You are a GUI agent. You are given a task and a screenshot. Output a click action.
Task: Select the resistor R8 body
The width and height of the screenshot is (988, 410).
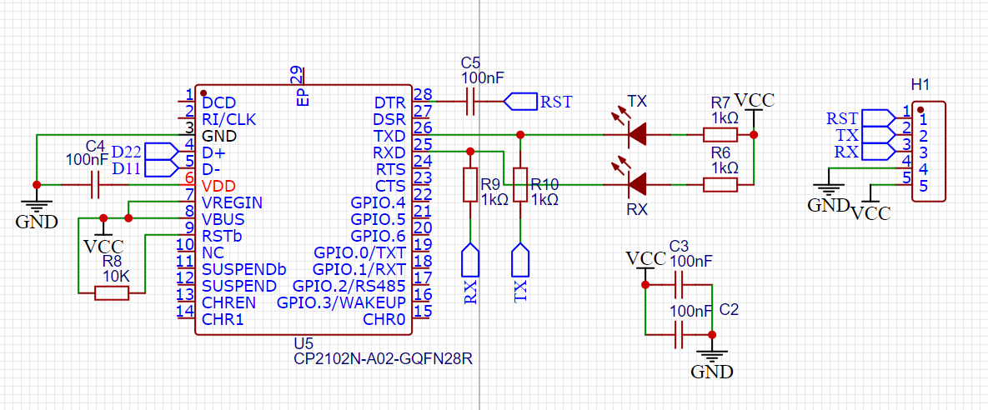112,292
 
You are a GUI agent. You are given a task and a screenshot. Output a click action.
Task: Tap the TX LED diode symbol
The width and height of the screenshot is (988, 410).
638,133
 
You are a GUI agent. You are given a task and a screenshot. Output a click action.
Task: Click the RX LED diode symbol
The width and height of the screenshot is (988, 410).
638,183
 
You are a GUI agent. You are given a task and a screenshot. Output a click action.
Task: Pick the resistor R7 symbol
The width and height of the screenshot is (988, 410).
720,134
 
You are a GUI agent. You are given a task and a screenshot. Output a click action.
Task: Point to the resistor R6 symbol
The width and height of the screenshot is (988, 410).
720,184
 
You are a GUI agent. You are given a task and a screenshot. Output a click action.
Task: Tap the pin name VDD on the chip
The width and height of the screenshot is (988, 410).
218,185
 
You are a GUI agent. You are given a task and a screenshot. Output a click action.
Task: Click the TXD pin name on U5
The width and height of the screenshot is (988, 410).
389,135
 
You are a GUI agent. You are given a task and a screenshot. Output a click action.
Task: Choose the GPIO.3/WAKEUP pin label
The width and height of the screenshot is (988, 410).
342,302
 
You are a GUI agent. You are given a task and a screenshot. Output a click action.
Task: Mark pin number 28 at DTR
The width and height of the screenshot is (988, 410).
423,95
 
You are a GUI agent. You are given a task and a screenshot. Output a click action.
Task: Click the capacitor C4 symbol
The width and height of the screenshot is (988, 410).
94,185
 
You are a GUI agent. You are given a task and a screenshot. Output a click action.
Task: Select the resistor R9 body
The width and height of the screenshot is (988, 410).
470,184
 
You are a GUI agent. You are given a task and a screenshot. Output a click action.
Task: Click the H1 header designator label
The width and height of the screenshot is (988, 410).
920,85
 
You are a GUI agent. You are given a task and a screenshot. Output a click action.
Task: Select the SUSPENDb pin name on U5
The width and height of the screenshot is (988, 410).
243,268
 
